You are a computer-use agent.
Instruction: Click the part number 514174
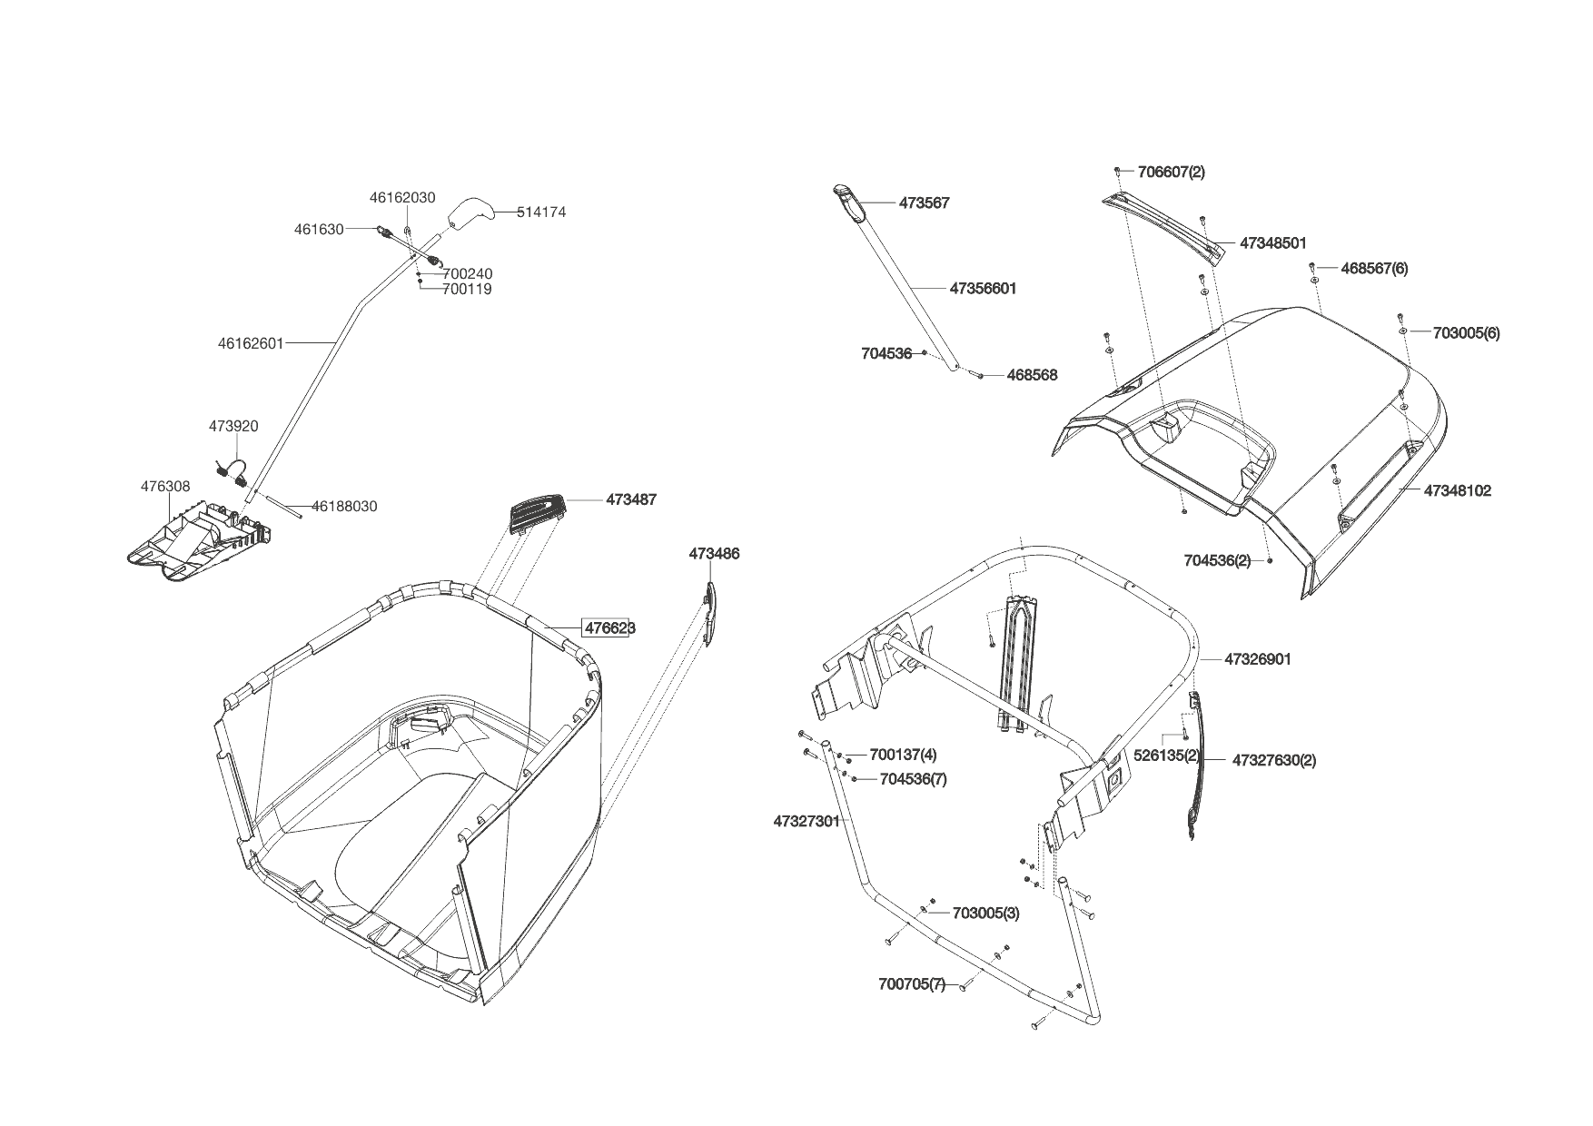coord(541,212)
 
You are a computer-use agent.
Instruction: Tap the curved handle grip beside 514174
coord(470,213)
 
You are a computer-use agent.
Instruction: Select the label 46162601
coord(251,343)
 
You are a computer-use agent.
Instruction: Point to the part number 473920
coord(233,426)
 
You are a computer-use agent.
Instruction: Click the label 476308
coord(165,487)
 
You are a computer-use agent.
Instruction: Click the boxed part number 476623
coord(609,627)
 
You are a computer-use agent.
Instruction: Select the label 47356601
coord(983,288)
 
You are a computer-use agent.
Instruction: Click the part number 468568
coord(1032,375)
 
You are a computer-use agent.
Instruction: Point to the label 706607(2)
coord(1171,172)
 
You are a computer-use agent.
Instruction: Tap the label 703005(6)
coord(1466,332)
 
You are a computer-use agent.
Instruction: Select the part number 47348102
coord(1457,490)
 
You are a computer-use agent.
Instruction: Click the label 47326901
coord(1257,659)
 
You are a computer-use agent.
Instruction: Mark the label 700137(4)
coord(903,755)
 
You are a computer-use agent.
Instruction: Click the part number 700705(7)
coord(912,984)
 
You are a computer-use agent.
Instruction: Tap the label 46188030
coord(344,506)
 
